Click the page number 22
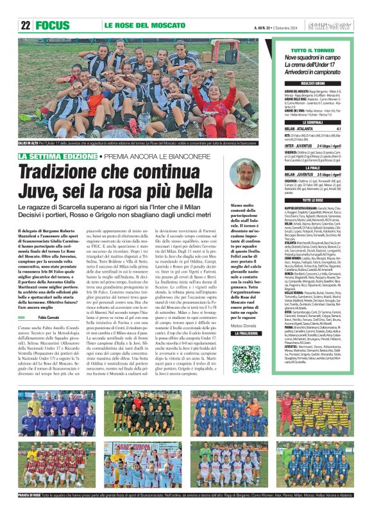[26, 26]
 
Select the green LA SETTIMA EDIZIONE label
[58, 156]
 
